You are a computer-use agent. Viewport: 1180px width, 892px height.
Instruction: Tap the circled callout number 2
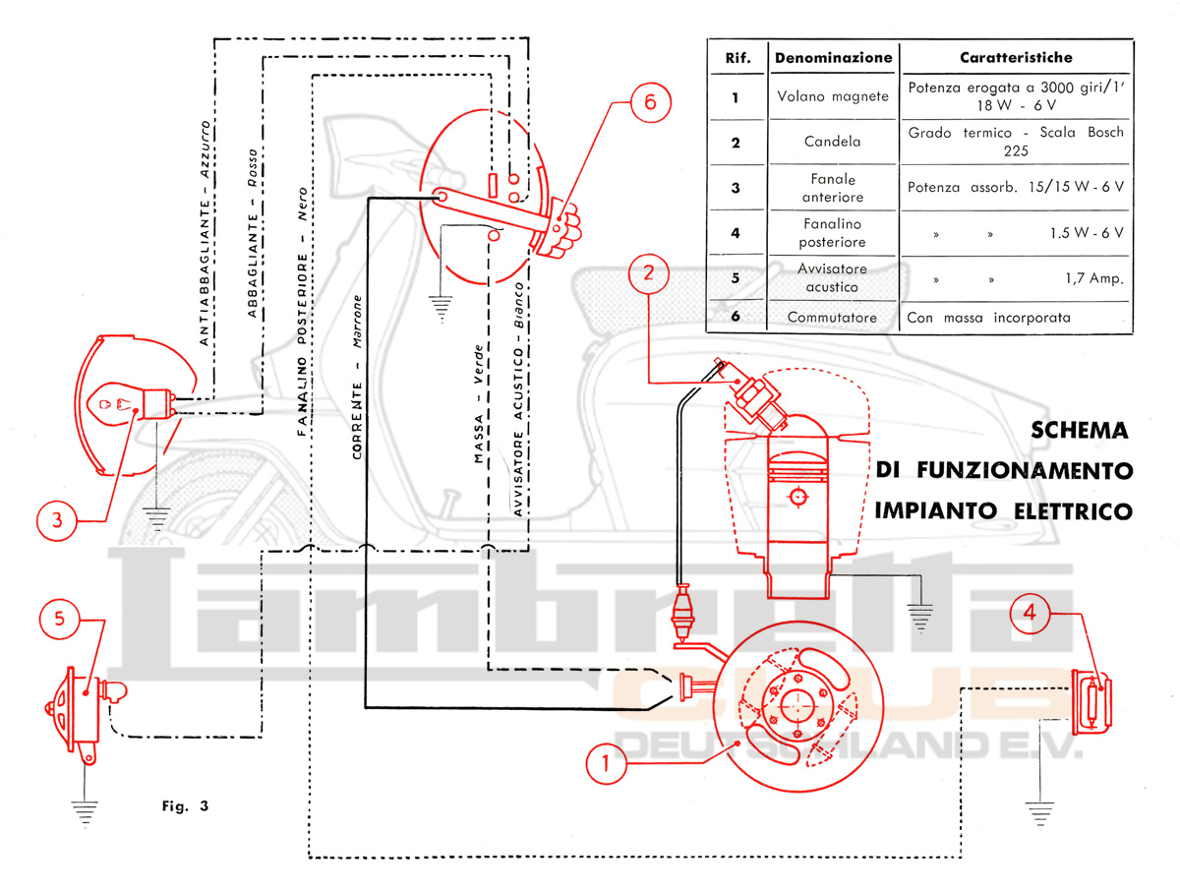point(648,274)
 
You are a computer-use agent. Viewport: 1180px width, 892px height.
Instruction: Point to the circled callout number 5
point(59,618)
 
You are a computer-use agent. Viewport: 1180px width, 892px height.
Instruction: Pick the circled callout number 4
point(1030,612)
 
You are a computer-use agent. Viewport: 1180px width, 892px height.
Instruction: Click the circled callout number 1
point(606,761)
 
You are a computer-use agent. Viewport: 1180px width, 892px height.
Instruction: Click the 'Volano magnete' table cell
point(832,96)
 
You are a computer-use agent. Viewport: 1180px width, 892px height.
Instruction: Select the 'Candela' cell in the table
point(832,142)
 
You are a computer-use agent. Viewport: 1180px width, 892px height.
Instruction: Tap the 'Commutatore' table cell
point(832,318)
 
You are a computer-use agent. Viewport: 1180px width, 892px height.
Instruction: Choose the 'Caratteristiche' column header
point(1016,58)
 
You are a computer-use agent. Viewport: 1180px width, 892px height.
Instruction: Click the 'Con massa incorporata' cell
point(989,318)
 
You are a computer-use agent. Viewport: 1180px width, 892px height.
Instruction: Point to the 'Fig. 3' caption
point(185,806)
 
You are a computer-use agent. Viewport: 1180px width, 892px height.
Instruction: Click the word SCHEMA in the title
point(1080,431)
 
